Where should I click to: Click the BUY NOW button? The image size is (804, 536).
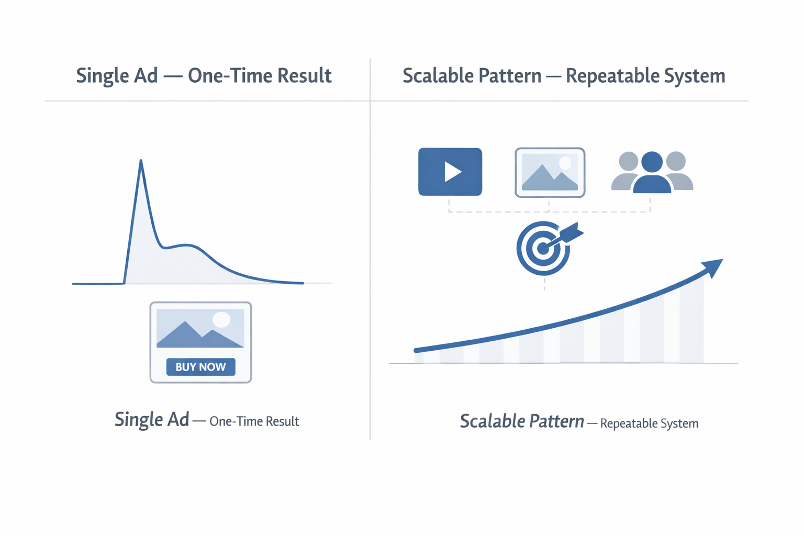(x=200, y=367)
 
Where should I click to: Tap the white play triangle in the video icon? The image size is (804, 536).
(x=452, y=172)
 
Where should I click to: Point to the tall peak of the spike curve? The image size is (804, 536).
(x=141, y=162)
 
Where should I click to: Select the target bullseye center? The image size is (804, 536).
(x=543, y=249)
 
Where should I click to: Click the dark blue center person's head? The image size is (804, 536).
(x=652, y=162)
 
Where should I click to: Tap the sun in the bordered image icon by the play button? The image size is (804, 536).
(x=565, y=163)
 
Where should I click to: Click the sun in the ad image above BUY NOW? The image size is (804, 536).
(x=221, y=319)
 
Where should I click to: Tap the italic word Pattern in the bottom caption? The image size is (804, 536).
(x=556, y=421)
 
